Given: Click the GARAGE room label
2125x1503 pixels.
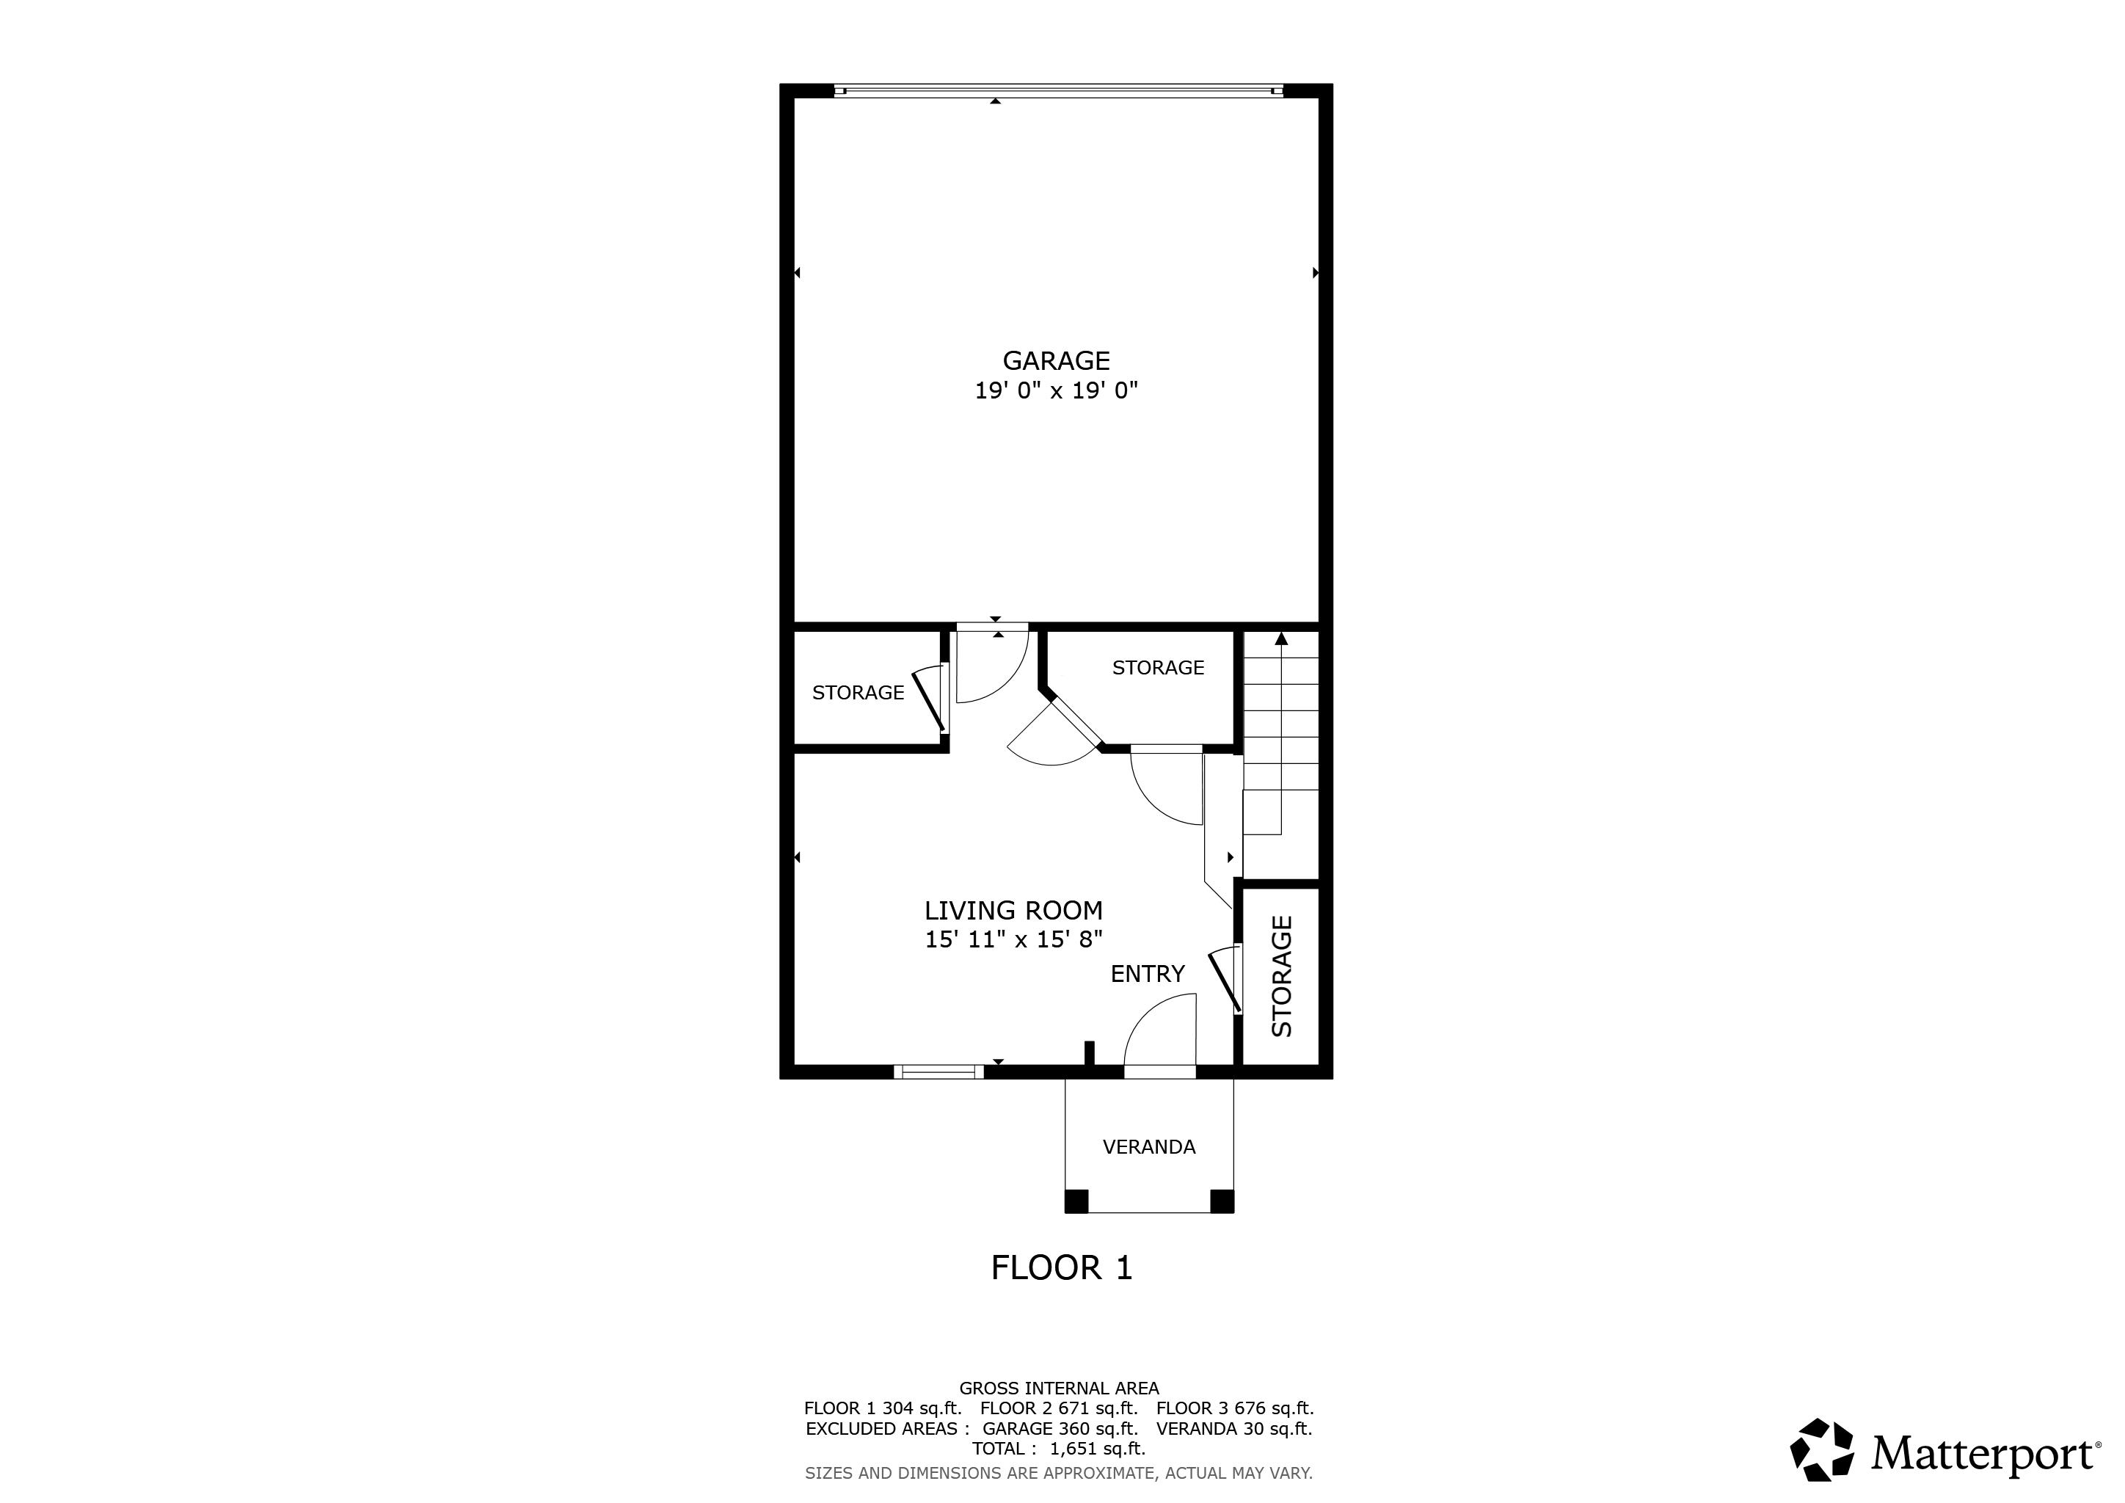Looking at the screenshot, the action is pos(1056,360).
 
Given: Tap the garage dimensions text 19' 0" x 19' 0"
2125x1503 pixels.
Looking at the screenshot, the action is pos(1056,390).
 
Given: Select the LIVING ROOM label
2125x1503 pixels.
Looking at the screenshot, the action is pos(1013,911).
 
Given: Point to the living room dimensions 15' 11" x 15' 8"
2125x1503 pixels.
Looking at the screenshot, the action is pos(1013,939).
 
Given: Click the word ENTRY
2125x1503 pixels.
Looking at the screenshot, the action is pos(1148,974).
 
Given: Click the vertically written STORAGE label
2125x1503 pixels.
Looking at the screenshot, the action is pos(1282,975).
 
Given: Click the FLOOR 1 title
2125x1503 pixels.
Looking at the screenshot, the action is pos(1062,1268).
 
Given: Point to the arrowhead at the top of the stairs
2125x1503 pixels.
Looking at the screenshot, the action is pos(1281,638).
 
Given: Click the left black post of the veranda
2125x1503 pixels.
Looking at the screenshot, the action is pos(1076,1201).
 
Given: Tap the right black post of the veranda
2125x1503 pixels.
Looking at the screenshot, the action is pos(1222,1201).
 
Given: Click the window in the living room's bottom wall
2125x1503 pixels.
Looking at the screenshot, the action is pos(939,1071).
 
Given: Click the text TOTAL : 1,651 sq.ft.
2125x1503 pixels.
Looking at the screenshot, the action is pos(1059,1449).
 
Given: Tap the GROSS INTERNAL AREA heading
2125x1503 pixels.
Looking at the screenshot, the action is pos(1059,1389).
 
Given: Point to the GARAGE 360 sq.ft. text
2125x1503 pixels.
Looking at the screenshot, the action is pos(1060,1428).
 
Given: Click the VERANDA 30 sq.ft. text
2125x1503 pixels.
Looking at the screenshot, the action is pos(1235,1428).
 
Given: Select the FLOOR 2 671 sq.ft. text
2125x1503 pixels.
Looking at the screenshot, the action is pos(1059,1408).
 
